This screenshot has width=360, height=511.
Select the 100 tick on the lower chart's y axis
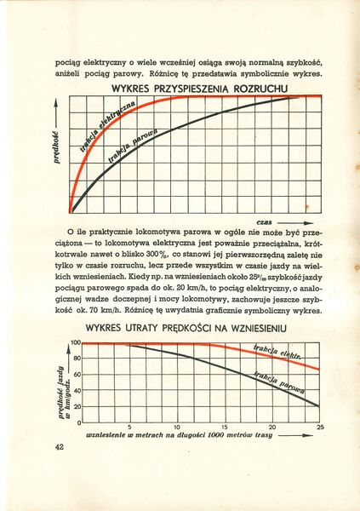click(75, 342)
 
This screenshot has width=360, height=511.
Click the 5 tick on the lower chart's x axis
click(129, 427)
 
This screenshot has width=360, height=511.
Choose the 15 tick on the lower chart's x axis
click(225, 427)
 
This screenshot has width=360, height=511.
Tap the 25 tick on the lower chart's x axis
click(320, 427)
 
